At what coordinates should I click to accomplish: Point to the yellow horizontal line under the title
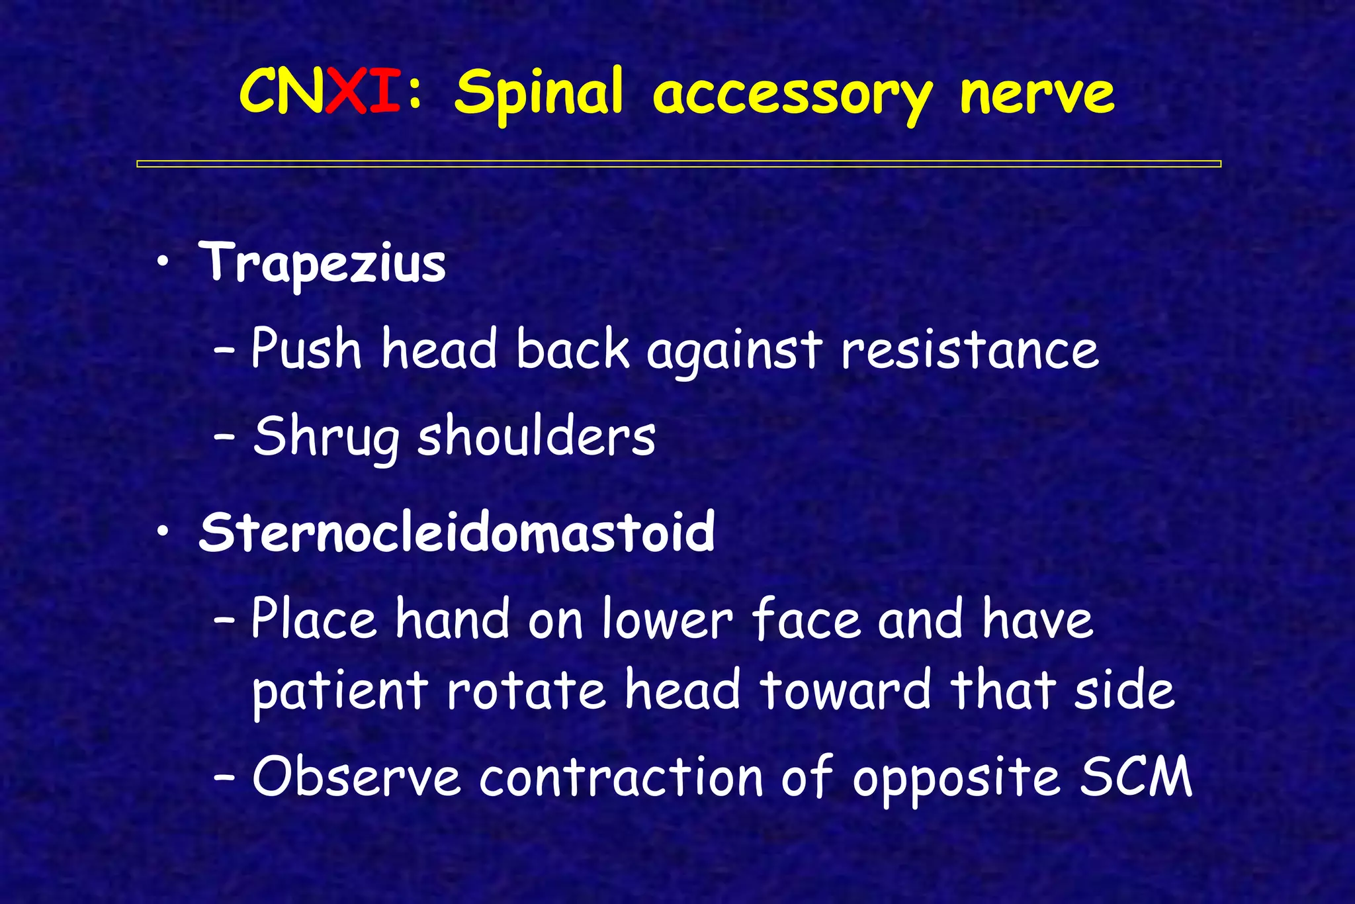click(678, 163)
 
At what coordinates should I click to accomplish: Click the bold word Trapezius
click(322, 263)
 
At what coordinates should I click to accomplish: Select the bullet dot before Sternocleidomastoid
click(163, 533)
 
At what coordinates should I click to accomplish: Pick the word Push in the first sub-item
click(306, 349)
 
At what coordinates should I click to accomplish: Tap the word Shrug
click(326, 437)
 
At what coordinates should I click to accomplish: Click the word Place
click(314, 619)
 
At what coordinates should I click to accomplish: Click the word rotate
click(526, 690)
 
